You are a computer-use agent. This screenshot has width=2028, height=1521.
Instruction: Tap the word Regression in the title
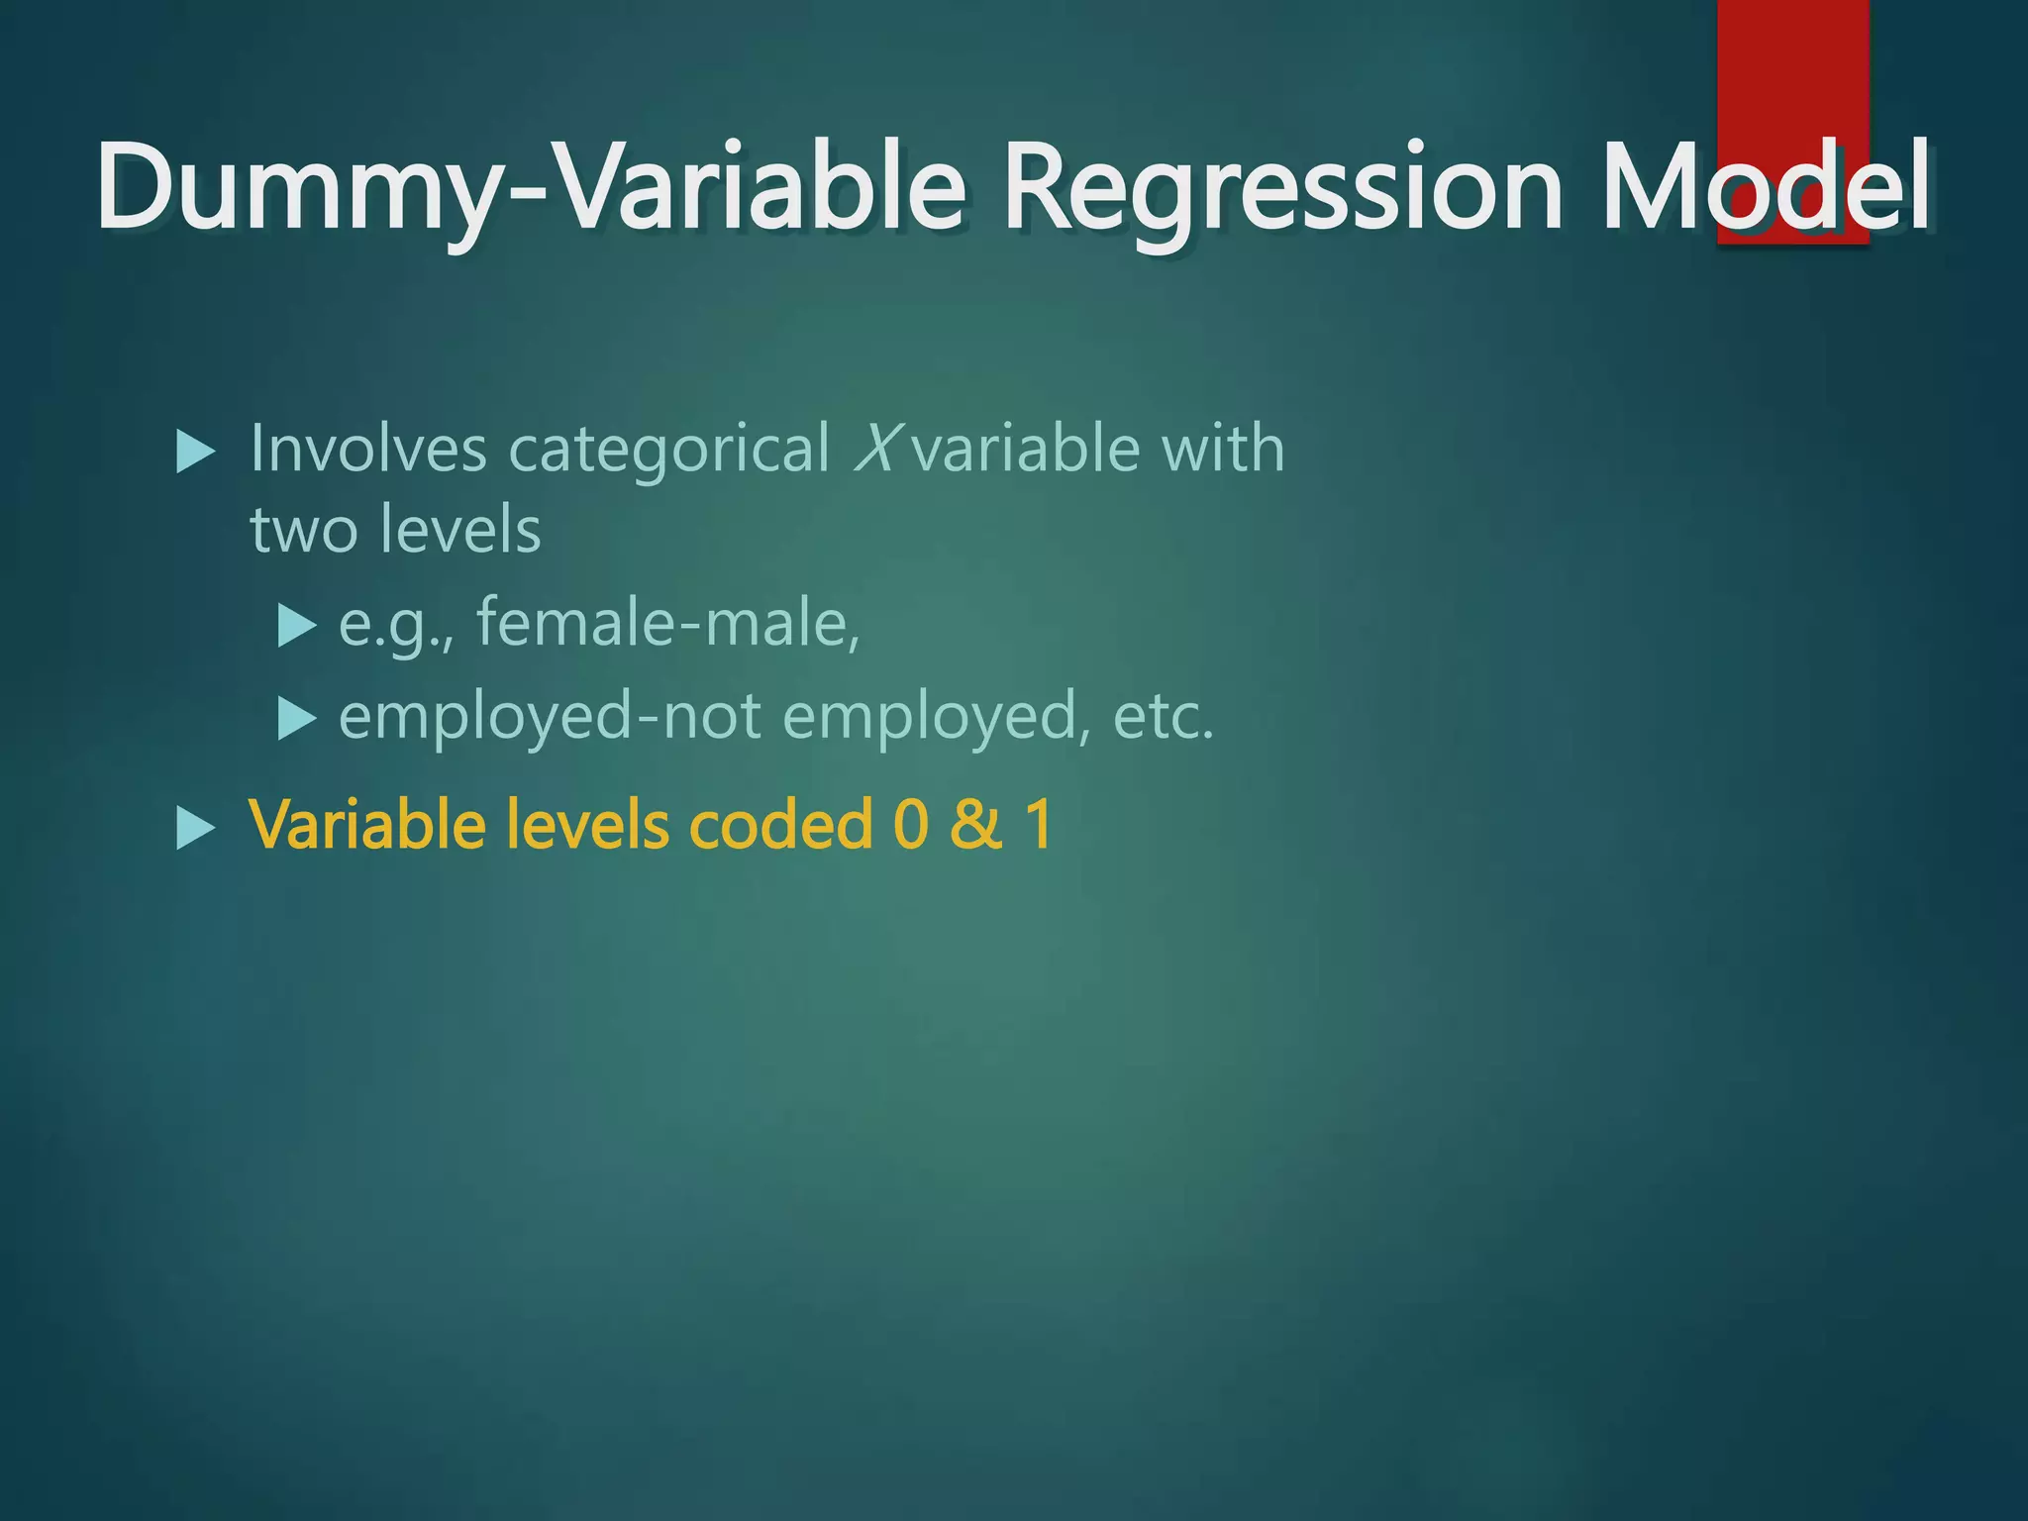1282,188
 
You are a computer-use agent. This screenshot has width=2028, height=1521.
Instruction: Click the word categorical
668,451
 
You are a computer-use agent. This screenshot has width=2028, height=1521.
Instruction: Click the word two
303,530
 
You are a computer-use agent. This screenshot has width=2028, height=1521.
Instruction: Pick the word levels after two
462,529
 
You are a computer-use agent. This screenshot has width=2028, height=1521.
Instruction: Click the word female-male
668,624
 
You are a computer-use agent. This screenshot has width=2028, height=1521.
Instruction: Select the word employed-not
550,717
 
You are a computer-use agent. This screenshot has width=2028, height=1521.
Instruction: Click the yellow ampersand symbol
975,824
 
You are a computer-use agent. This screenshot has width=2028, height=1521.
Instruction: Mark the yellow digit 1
1038,824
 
